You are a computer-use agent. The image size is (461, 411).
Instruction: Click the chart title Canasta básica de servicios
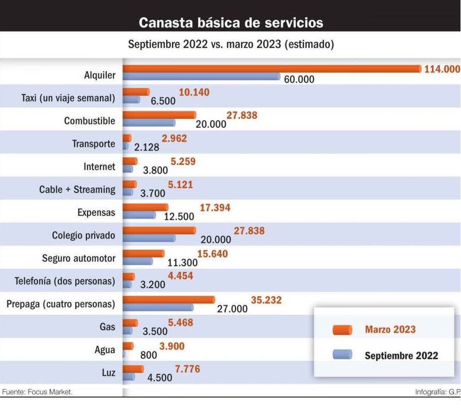(x=231, y=23)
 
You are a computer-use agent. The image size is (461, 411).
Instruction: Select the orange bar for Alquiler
(x=271, y=69)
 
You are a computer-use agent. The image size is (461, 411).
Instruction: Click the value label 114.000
(x=442, y=69)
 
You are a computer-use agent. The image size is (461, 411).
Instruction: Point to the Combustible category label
(x=90, y=121)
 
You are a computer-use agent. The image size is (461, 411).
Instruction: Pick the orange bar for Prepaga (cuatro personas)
(x=168, y=299)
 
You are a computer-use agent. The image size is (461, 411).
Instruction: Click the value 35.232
(x=266, y=300)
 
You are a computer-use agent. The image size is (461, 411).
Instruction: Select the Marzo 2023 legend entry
(x=390, y=330)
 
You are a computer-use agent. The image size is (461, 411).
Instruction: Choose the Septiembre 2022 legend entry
(x=401, y=356)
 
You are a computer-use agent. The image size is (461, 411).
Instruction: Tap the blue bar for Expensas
(x=139, y=215)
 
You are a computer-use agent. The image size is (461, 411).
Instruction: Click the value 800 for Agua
(x=149, y=355)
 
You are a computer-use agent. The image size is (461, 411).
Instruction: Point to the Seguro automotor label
(x=79, y=258)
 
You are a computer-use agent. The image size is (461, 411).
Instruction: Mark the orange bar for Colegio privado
(x=159, y=231)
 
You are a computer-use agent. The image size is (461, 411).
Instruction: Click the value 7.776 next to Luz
(x=187, y=369)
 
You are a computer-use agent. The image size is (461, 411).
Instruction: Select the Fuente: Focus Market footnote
(x=37, y=392)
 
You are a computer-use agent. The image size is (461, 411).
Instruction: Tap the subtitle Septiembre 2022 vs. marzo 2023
(x=230, y=44)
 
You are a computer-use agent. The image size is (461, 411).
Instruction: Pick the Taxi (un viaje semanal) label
(x=68, y=98)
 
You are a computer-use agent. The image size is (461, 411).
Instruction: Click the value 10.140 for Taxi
(x=194, y=93)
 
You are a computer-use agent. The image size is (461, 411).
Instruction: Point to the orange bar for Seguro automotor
(x=143, y=253)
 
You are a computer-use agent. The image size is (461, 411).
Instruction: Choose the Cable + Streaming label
(x=77, y=190)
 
